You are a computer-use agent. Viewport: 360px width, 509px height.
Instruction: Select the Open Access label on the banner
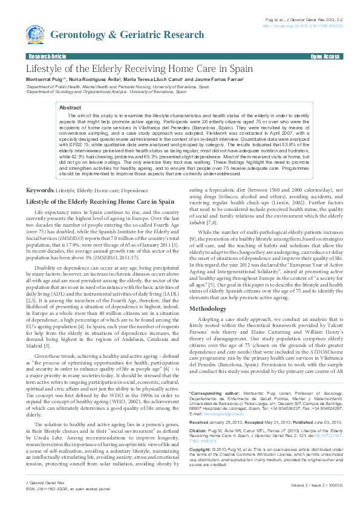[325, 56]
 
